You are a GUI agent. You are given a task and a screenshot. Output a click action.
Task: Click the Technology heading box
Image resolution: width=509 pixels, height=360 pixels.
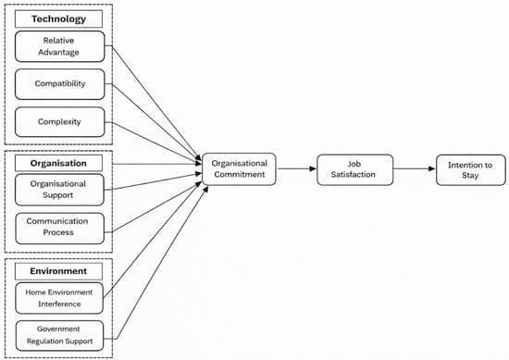click(x=58, y=19)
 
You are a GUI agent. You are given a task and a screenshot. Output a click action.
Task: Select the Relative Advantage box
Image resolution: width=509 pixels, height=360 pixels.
click(x=60, y=46)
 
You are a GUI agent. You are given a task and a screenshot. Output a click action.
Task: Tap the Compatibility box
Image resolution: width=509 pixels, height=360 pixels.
click(x=60, y=84)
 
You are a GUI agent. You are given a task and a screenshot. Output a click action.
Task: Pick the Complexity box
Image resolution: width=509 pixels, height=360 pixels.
click(x=60, y=122)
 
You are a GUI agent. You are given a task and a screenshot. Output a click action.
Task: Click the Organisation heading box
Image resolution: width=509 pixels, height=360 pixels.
click(x=58, y=163)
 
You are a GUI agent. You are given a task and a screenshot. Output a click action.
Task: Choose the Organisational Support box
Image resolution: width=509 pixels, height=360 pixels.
click(x=59, y=190)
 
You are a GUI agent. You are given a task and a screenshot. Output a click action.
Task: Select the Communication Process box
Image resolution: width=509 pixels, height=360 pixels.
click(x=60, y=229)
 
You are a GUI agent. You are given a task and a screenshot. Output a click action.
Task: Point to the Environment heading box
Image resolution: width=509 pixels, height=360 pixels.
click(x=58, y=271)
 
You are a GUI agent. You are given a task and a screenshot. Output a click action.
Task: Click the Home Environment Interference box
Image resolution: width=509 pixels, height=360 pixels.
click(x=59, y=298)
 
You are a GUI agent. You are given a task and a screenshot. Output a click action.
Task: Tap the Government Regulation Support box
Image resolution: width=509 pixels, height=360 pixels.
click(x=60, y=336)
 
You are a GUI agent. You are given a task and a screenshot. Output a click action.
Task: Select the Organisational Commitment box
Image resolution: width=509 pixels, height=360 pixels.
click(x=240, y=169)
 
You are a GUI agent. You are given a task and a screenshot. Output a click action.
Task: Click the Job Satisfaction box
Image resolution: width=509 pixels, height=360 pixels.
click(x=354, y=169)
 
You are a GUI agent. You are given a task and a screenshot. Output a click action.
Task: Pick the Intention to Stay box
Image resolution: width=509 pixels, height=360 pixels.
click(x=471, y=170)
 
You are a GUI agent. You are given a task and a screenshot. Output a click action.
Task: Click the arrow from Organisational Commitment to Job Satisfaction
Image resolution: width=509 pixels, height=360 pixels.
click(x=297, y=168)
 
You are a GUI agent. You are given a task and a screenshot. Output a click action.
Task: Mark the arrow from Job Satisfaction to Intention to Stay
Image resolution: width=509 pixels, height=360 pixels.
click(x=415, y=168)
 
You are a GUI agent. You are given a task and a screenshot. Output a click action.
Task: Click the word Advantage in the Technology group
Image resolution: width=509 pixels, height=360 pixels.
click(x=58, y=52)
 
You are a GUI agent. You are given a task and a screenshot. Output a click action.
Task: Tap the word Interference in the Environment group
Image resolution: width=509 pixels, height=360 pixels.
click(x=59, y=304)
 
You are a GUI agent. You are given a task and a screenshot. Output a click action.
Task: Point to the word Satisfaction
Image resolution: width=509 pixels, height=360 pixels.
click(x=354, y=175)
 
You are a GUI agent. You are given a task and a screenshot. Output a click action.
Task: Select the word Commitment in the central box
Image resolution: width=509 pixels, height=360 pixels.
click(x=240, y=175)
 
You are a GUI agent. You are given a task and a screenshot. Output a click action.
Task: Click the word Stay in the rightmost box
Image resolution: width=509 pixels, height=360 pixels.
click(x=470, y=176)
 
